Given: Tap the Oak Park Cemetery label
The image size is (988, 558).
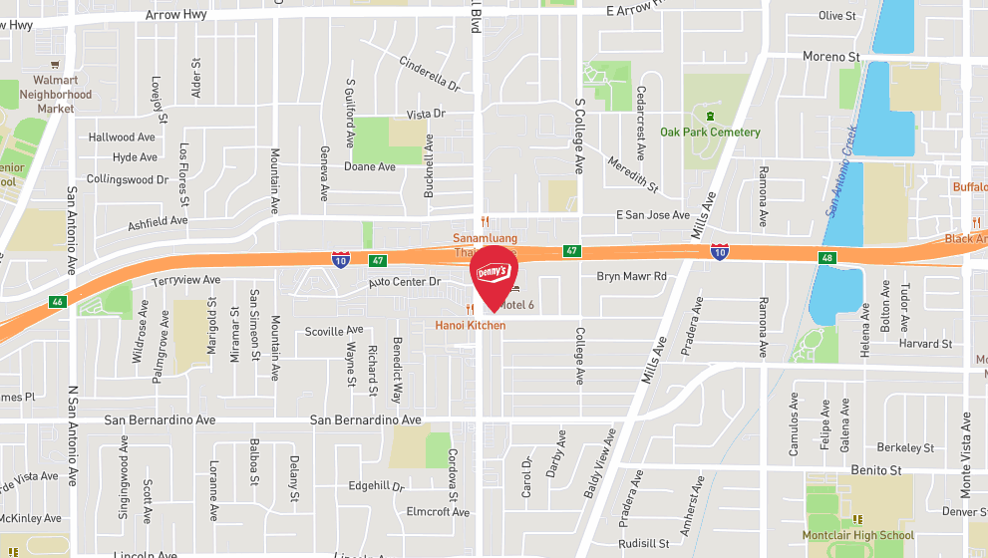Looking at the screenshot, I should coord(710,133).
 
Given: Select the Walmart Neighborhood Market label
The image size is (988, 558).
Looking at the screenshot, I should coord(56,95).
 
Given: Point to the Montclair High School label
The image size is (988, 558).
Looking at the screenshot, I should coord(857,535).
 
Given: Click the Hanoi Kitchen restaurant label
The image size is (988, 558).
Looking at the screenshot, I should coord(470,326).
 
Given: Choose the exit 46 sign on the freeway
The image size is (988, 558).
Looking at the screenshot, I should coord(59,301).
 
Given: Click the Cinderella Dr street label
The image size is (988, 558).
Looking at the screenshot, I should coord(429,75).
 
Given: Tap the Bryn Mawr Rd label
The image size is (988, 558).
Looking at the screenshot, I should coord(631,276).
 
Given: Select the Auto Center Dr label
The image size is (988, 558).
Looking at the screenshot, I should coord(404,282).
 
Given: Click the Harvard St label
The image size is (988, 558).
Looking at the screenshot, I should coord(924,344).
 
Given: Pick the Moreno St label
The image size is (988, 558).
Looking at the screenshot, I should coord(831,57).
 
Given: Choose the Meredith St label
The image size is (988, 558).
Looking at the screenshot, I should coord(633,173).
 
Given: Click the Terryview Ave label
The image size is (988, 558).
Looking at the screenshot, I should coord(185,281).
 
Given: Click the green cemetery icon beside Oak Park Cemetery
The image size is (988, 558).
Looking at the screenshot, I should coord(710,116).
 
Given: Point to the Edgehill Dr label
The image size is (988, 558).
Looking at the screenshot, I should coord(376,487).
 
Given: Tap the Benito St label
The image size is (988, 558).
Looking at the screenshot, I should coord(875,469).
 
